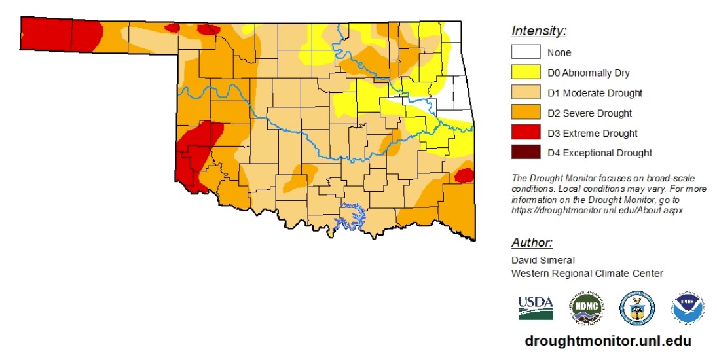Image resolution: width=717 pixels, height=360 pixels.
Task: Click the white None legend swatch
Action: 526,52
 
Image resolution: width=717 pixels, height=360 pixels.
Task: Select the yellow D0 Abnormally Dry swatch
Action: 526,73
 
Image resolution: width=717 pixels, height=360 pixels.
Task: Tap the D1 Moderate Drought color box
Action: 526,93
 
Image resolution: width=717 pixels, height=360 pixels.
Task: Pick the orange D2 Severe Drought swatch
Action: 526,113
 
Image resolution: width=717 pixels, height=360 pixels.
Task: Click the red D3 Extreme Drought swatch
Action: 526,133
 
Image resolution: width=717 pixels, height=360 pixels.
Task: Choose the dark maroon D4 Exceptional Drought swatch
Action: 526,153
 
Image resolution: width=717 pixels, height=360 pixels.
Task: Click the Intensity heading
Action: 538,31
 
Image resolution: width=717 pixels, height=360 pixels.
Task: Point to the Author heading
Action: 532,243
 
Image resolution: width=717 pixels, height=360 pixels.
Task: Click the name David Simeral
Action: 543,260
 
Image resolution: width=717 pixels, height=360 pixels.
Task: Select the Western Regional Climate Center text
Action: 587,273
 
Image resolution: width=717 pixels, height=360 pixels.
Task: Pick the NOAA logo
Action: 688,308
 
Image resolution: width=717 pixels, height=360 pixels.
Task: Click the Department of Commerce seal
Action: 636,308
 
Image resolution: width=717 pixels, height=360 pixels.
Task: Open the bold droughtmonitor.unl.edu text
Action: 608,341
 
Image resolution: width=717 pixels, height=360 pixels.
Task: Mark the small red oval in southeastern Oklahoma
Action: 464,175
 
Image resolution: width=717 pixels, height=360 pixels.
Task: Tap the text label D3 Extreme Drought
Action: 593,134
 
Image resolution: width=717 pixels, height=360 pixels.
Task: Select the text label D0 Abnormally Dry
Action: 589,73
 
